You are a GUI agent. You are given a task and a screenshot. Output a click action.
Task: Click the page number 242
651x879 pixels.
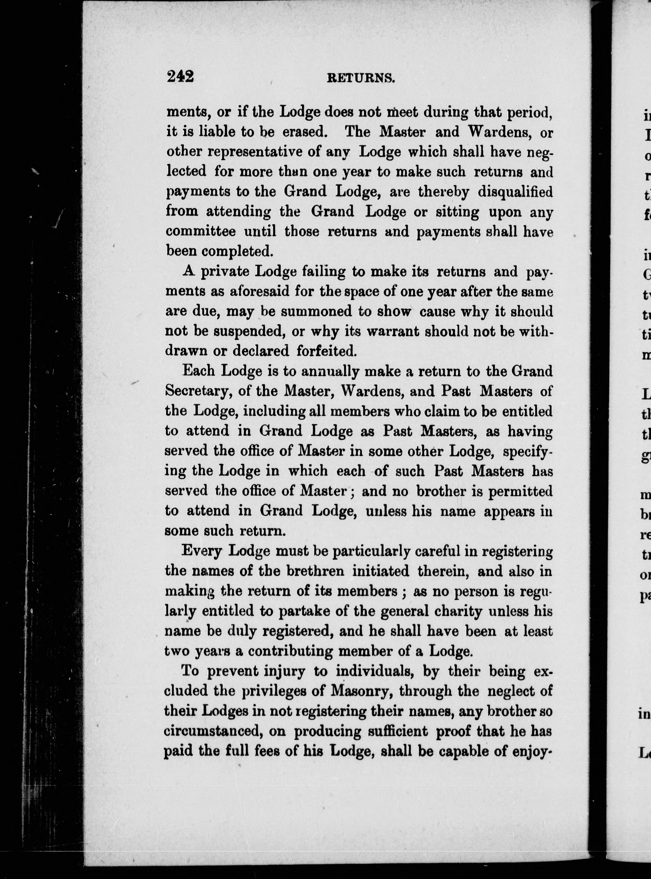[x=180, y=76]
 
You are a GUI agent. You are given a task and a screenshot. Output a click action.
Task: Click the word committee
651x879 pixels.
[x=200, y=231]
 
